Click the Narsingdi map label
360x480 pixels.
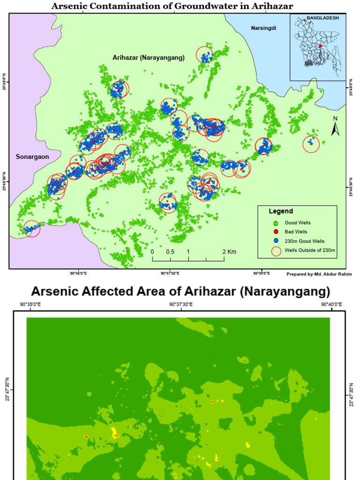(263, 28)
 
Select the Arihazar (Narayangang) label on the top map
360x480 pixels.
(149, 57)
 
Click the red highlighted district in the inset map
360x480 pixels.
(321, 46)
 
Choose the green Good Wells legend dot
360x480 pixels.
(276, 223)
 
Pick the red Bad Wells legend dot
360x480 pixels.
(276, 232)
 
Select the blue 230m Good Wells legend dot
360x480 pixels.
(276, 241)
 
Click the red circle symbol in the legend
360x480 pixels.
(276, 251)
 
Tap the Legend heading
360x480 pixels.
(281, 211)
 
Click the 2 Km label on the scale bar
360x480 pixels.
(229, 252)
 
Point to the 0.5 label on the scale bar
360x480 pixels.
(170, 252)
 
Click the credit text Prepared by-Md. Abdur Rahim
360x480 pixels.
(319, 274)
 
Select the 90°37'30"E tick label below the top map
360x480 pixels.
(170, 273)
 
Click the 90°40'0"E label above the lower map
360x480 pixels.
(331, 304)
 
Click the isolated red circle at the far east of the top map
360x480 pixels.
(311, 144)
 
